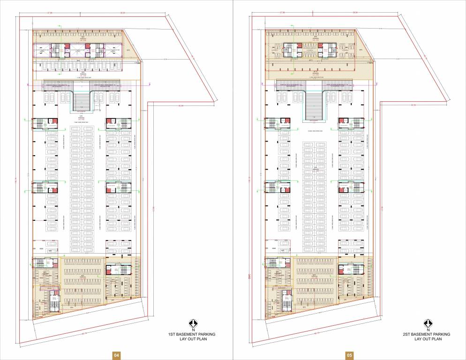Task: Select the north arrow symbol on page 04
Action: (192, 323)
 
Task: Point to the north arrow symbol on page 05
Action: (427, 323)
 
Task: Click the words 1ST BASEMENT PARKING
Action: (192, 334)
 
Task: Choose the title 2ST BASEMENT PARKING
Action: (427, 334)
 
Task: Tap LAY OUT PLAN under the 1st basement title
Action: (192, 339)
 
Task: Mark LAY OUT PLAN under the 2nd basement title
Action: (427, 339)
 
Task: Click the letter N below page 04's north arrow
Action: (192, 330)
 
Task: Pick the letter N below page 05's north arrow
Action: (427, 330)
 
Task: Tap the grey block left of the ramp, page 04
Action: (58, 84)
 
